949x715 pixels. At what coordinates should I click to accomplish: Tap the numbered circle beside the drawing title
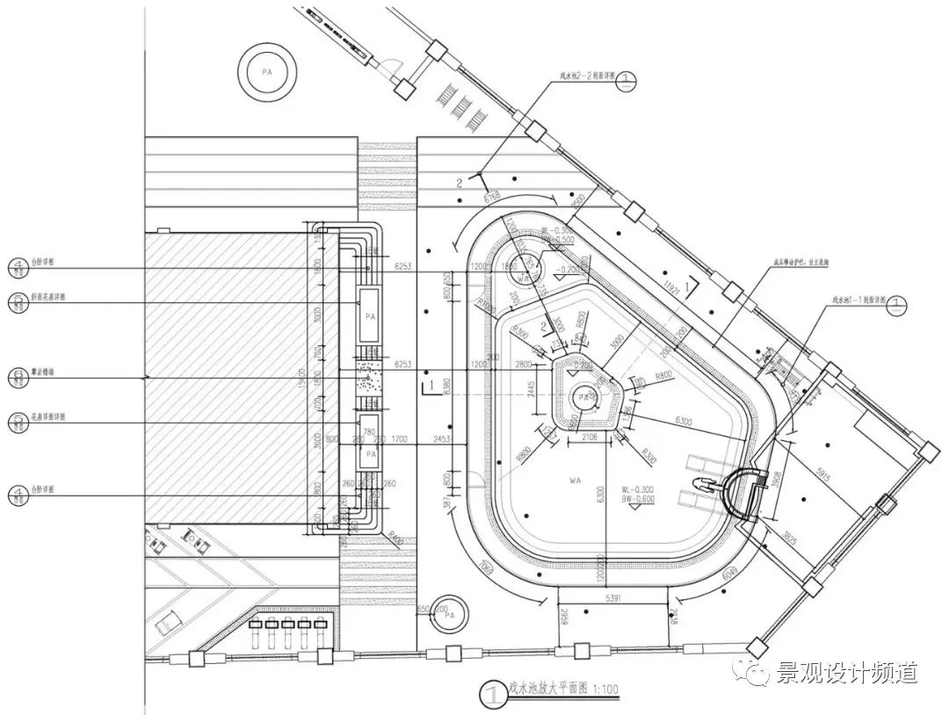click(x=491, y=696)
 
